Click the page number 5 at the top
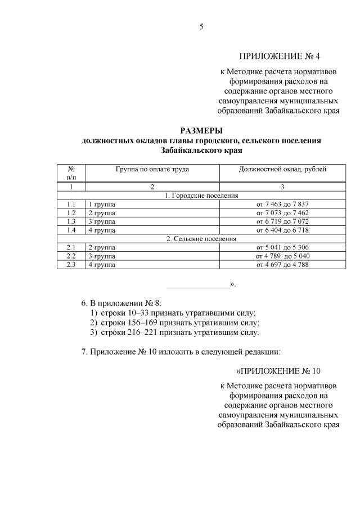point(201,27)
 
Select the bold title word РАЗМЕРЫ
point(201,131)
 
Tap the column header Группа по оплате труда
point(152,169)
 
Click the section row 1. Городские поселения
point(201,196)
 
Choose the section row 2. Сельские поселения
point(201,239)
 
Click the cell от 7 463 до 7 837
point(282,204)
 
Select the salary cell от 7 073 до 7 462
point(282,213)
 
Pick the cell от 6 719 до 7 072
point(282,221)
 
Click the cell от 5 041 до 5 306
point(282,247)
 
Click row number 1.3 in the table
point(71,221)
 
